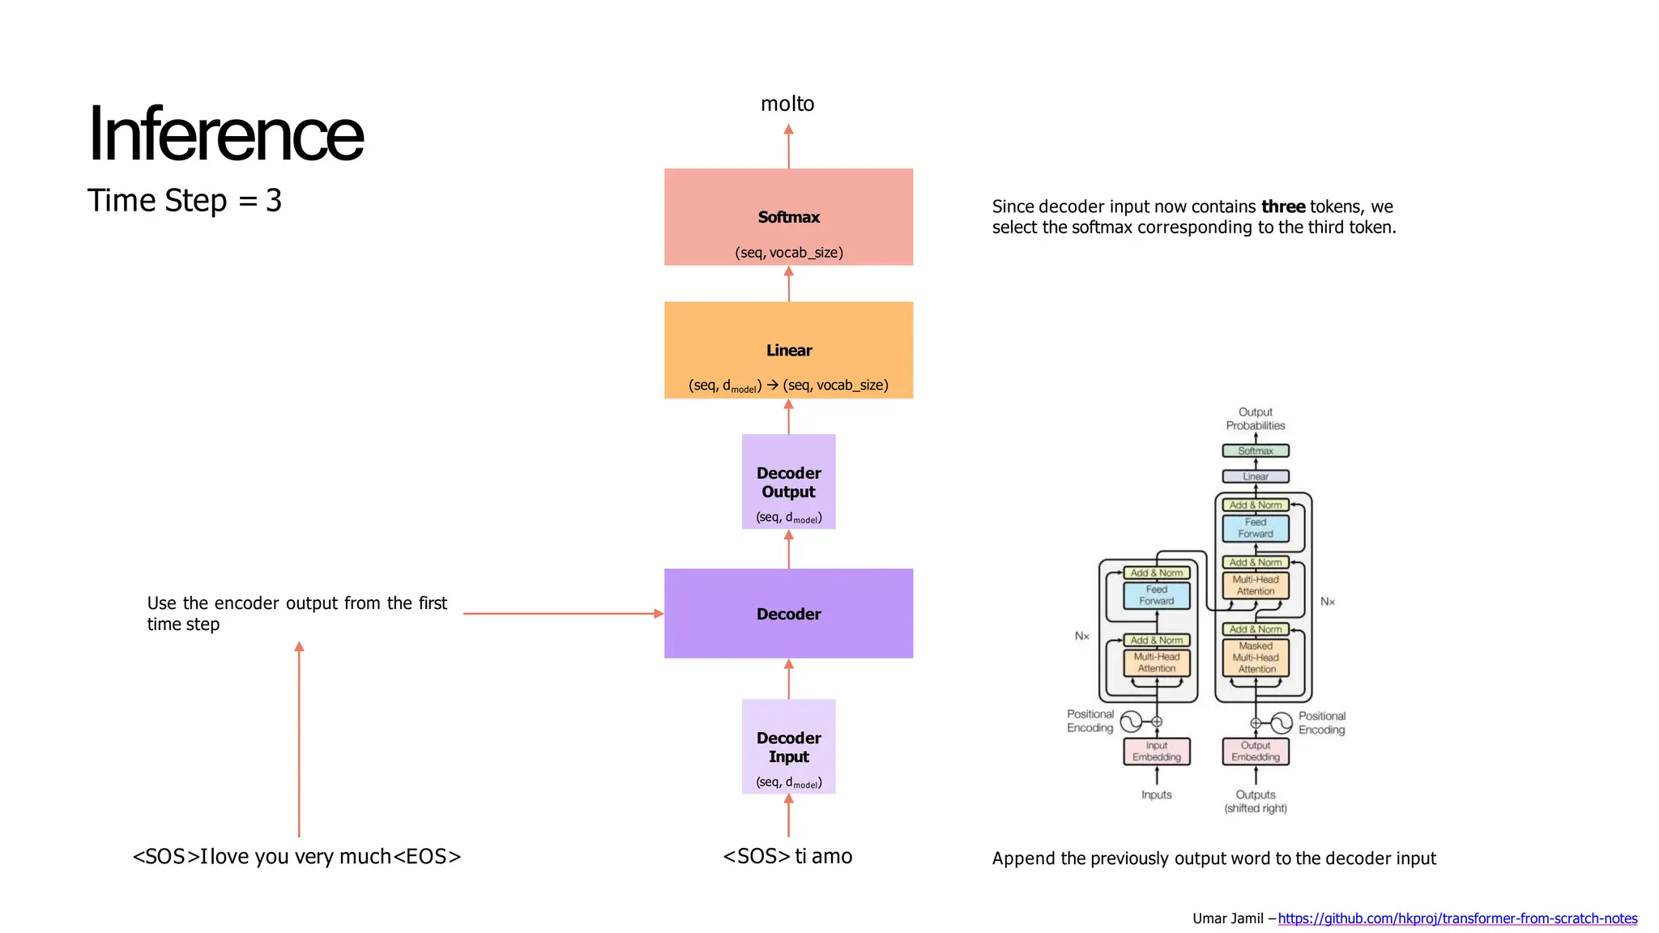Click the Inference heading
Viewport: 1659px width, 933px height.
click(226, 134)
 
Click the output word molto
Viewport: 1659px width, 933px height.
click(787, 104)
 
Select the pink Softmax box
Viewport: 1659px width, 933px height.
click(788, 217)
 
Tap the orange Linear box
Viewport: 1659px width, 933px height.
click(788, 350)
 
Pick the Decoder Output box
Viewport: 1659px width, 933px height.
click(788, 482)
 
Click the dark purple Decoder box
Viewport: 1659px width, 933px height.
click(788, 613)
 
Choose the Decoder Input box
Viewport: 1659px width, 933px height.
click(788, 747)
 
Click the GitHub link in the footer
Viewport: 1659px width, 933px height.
click(1457, 918)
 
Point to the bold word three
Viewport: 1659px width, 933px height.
click(1283, 207)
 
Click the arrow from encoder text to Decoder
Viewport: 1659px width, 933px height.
click(563, 614)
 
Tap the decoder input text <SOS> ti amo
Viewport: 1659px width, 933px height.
click(787, 856)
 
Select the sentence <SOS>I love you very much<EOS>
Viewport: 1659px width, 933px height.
click(296, 856)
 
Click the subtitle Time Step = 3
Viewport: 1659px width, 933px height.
click(185, 201)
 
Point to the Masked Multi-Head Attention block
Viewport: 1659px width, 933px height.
click(1256, 658)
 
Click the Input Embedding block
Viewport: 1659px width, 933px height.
click(1156, 752)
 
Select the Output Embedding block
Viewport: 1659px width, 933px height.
click(1256, 752)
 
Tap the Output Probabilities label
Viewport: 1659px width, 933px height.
click(1256, 419)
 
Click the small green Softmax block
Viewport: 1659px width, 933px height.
click(1256, 451)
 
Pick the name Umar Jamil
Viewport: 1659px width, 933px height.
click(1227, 918)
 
